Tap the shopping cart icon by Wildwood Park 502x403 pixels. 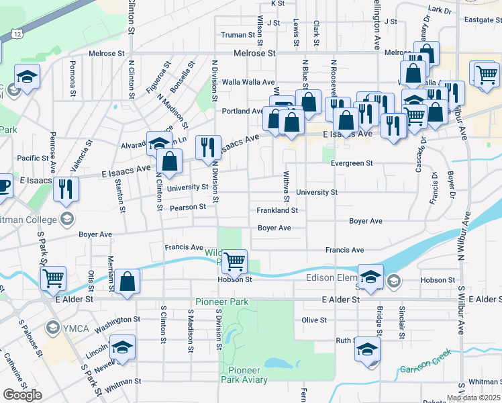tap(234, 261)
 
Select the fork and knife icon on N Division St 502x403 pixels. tap(208, 146)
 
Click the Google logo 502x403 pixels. tap(22, 395)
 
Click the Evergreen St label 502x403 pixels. tap(369, 163)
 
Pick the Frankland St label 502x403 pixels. tap(277, 210)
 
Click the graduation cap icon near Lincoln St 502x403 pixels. tap(122, 348)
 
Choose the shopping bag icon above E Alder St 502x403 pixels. tap(127, 281)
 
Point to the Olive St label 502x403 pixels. tap(314, 320)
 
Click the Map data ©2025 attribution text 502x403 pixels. tap(474, 398)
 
